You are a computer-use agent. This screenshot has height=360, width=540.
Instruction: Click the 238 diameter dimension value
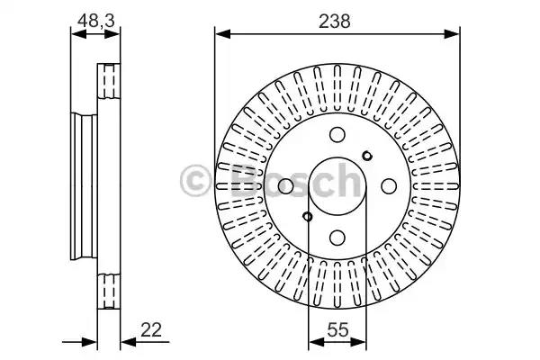335,22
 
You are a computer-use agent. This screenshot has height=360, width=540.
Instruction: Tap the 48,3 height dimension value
95,21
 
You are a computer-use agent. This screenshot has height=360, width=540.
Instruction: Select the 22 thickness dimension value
151,330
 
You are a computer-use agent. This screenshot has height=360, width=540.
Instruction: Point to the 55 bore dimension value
337,330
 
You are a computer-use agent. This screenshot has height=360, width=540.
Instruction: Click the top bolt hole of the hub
337,135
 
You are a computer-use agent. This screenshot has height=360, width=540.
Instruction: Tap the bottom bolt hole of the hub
337,238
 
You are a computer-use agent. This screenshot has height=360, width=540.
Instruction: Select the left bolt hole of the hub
285,186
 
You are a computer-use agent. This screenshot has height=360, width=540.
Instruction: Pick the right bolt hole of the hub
389,186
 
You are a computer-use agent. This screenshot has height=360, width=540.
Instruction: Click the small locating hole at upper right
367,156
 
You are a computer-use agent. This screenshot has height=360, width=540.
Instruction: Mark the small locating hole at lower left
308,217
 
